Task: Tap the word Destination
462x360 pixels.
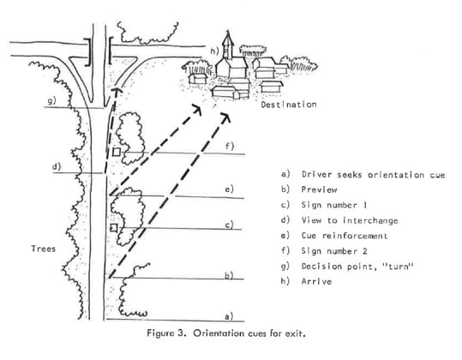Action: coord(288,105)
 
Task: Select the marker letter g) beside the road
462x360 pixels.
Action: coord(51,100)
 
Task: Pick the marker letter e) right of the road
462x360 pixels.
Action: coord(228,189)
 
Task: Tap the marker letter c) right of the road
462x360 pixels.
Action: coord(228,225)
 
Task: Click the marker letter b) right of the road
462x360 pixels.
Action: coord(228,275)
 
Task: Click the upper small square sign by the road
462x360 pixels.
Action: coord(115,153)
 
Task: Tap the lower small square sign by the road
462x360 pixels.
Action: coord(114,230)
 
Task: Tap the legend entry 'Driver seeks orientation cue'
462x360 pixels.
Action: coord(373,174)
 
